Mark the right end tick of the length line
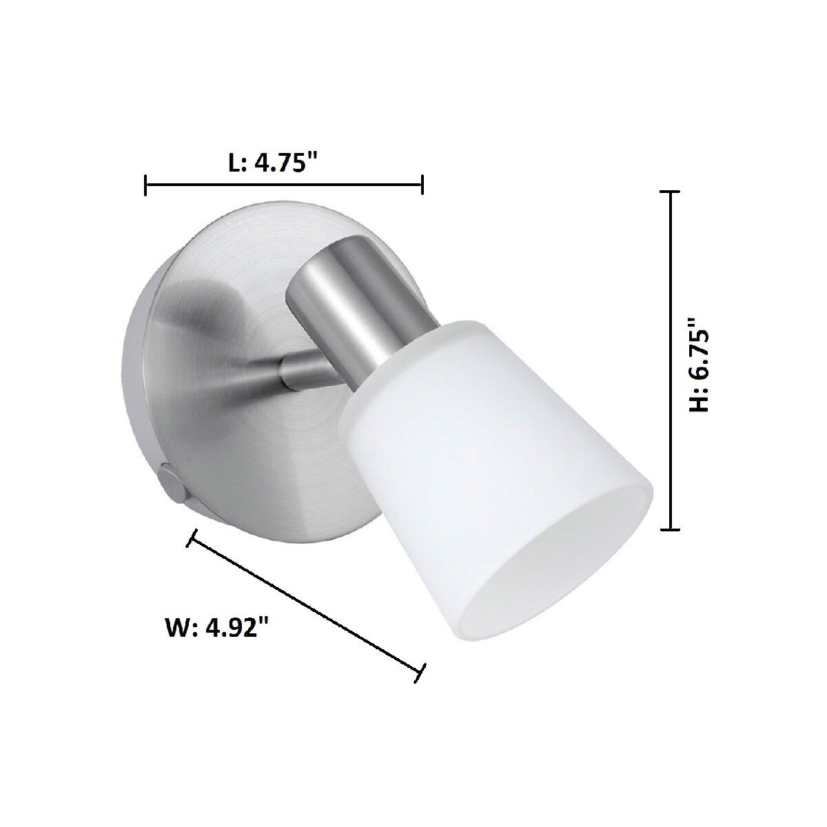tap(422, 185)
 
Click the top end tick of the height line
tap(670, 193)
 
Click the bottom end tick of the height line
tap(670, 529)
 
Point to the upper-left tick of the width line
tap(192, 538)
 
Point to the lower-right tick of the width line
tap(420, 673)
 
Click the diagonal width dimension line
tap(306, 606)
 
